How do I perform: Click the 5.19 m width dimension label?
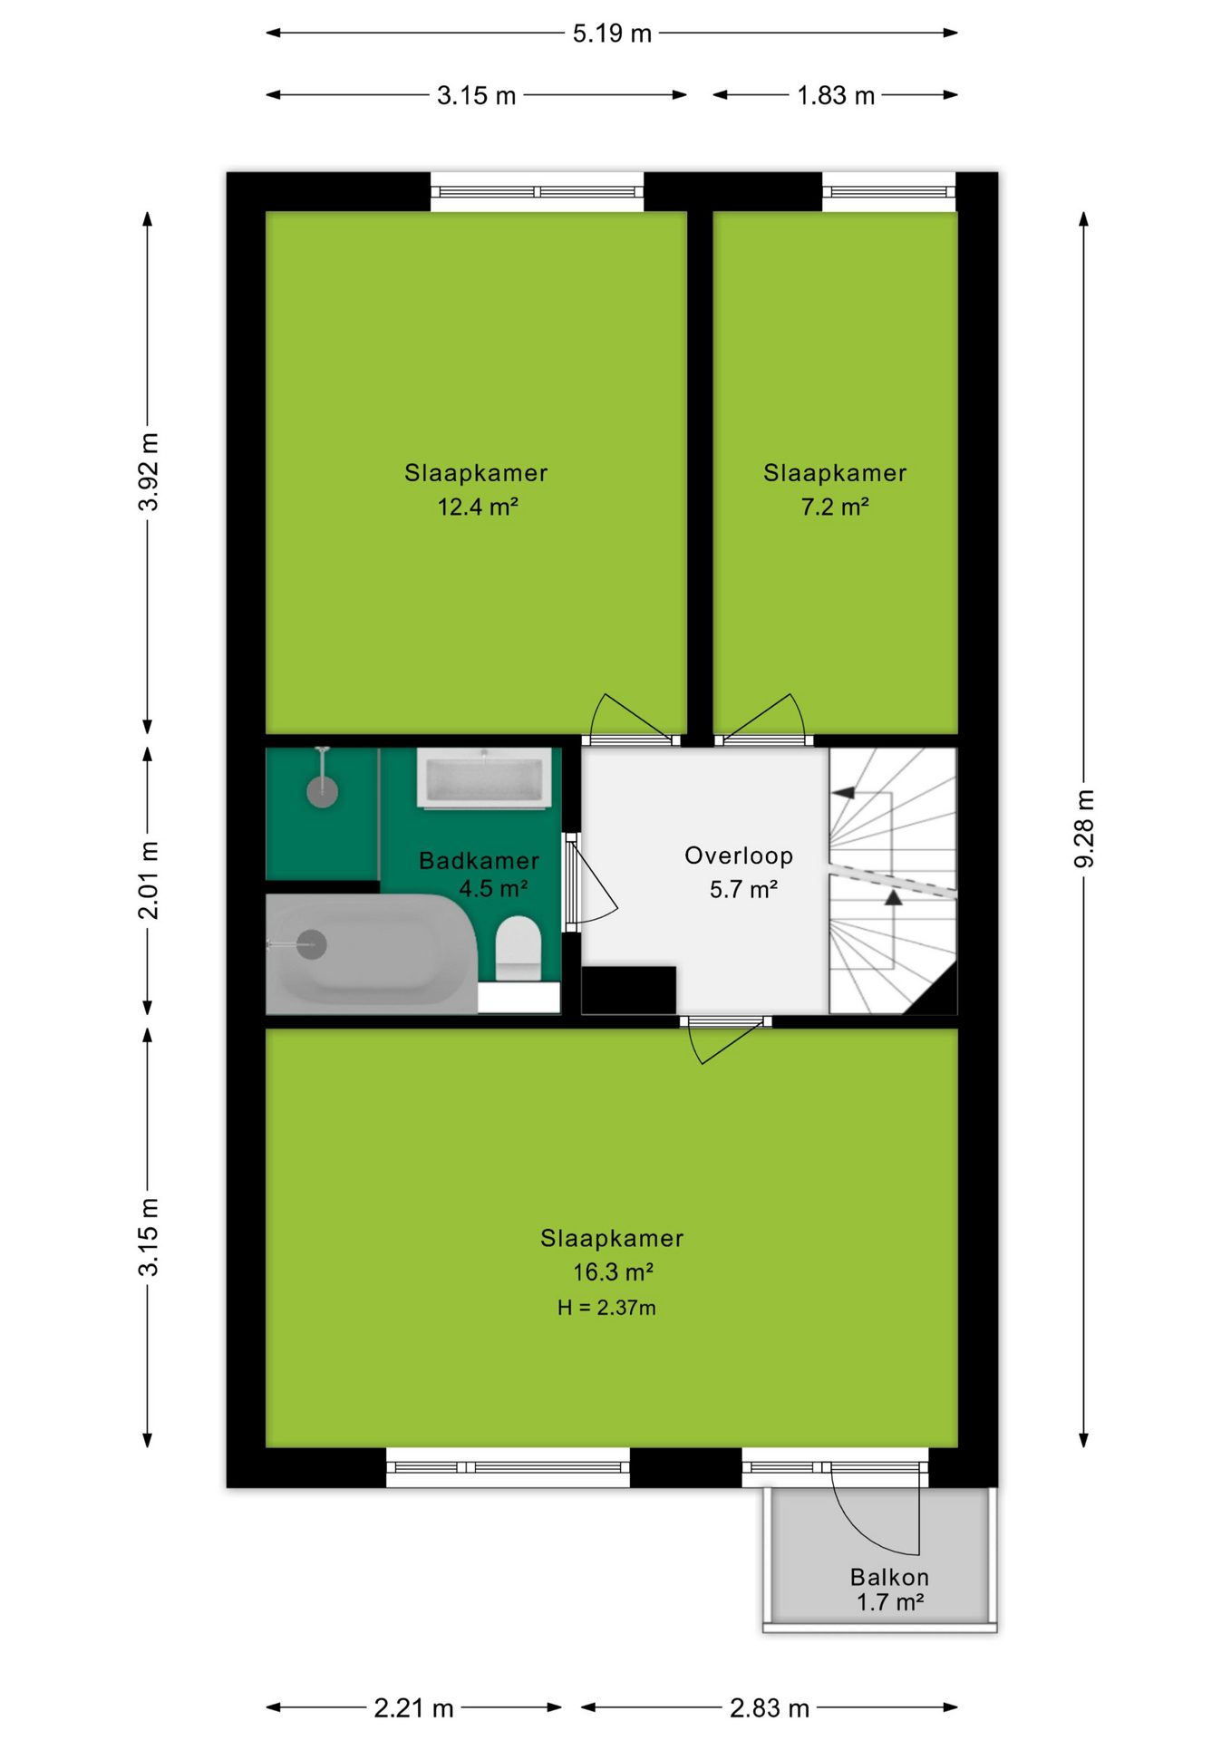click(612, 34)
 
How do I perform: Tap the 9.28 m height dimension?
click(1084, 828)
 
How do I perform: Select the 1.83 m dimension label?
click(836, 95)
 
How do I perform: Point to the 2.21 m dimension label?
click(413, 1708)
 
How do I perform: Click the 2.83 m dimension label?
click(770, 1708)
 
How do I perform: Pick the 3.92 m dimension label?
click(149, 472)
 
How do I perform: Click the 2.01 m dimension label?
click(149, 880)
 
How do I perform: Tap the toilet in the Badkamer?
click(519, 948)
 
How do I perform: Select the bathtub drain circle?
click(312, 945)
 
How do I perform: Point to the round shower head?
click(322, 791)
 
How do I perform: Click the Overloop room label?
click(739, 855)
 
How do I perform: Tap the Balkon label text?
click(889, 1577)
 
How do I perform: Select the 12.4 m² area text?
click(478, 507)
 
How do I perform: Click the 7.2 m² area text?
click(835, 507)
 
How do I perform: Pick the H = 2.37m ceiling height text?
click(606, 1308)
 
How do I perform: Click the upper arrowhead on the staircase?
click(844, 793)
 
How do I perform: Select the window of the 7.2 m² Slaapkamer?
click(889, 192)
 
